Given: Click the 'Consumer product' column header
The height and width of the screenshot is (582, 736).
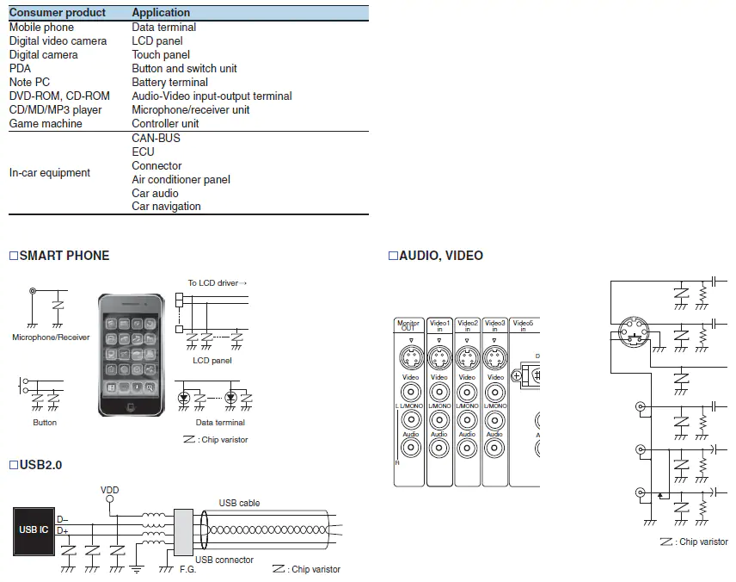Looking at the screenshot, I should (57, 13).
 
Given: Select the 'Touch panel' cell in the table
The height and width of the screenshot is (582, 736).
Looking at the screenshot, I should (161, 55).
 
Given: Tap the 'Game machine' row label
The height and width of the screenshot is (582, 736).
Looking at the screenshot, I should (46, 124).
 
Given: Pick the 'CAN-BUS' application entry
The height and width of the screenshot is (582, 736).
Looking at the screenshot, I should (156, 139).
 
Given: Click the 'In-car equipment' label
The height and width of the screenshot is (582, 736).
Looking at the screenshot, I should (49, 173).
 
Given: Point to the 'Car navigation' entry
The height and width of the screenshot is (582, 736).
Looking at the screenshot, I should (166, 207).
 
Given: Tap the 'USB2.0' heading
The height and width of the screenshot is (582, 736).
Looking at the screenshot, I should (40, 465).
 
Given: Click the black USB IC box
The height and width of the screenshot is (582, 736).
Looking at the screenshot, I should (34, 529).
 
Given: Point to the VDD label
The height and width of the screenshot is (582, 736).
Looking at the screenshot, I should (110, 491).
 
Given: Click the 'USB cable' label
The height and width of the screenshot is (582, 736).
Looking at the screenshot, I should (239, 503).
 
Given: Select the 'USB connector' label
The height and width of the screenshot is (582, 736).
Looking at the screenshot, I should (224, 560).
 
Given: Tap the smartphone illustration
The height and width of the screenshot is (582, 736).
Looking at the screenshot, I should (131, 354).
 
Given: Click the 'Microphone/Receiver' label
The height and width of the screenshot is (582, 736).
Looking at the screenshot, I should (51, 337).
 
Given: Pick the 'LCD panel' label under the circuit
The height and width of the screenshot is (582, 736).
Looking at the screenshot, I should (212, 361).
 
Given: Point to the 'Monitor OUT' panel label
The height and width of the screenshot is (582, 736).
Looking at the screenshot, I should (408, 326).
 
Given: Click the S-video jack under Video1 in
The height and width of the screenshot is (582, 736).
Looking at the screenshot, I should (439, 357).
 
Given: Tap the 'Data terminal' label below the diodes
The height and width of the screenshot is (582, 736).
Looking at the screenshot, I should (220, 423).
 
